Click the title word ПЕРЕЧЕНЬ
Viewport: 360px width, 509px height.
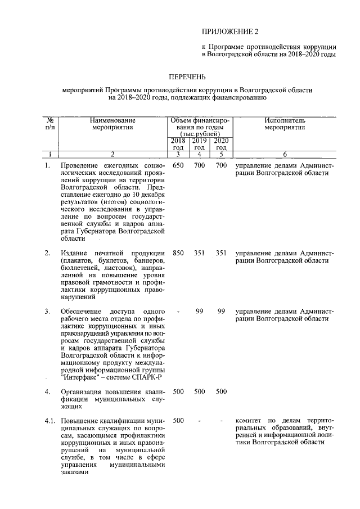[188, 76]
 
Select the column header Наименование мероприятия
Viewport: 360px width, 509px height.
[112, 124]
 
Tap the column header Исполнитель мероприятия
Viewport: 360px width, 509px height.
[285, 124]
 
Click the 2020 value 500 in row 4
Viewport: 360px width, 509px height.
[221, 391]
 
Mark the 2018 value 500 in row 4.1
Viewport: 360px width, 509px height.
[178, 420]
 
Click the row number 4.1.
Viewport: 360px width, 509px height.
[50, 420]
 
